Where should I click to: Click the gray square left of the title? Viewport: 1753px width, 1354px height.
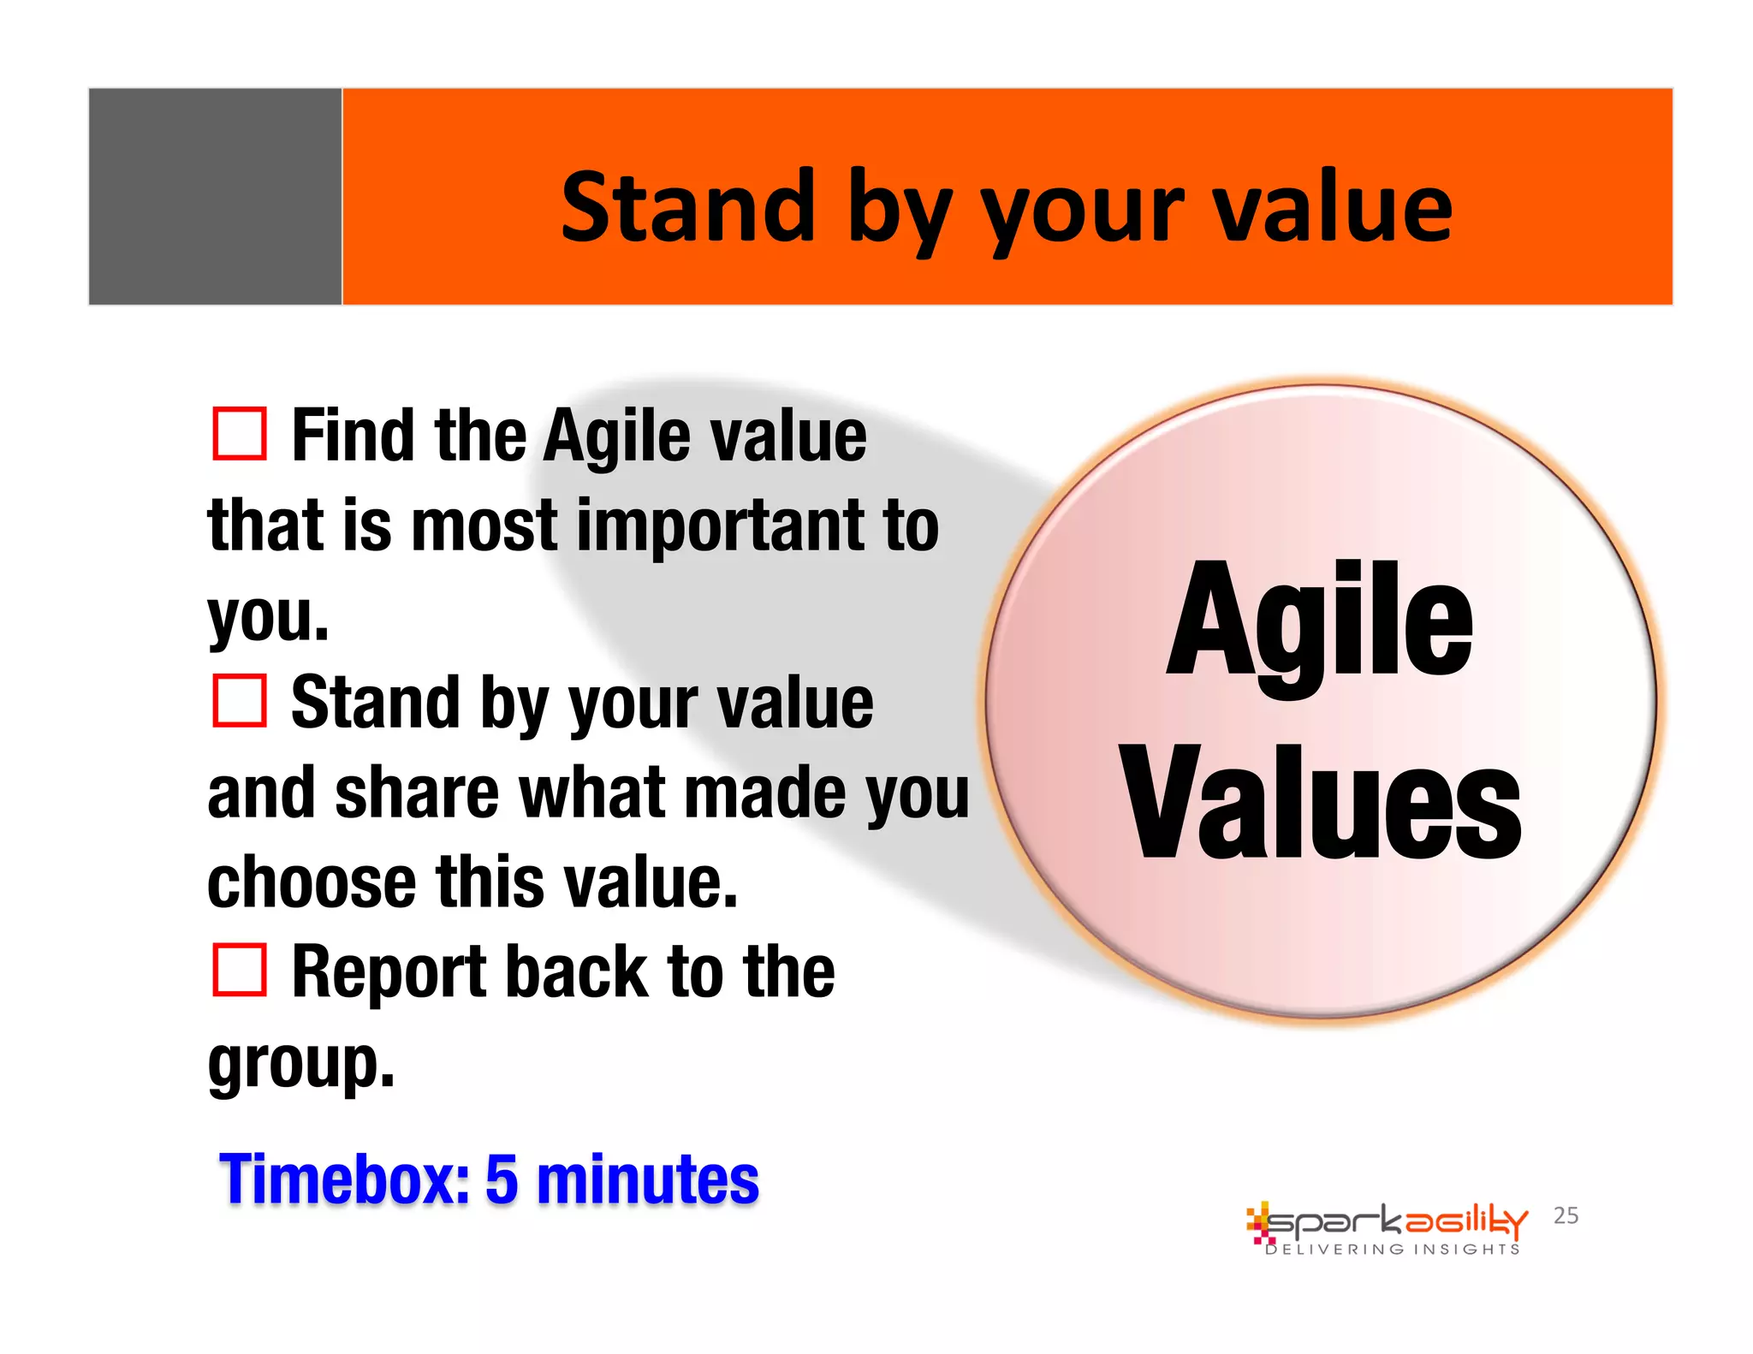pos(215,196)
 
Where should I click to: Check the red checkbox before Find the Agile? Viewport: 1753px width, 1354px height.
pos(239,434)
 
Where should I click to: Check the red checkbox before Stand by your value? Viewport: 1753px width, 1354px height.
pos(239,701)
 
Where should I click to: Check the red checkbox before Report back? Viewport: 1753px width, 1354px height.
pos(239,970)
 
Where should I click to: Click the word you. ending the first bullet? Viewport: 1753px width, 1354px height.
pos(268,616)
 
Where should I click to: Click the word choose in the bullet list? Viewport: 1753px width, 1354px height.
pos(312,882)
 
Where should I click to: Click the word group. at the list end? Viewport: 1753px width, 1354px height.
pos(300,1064)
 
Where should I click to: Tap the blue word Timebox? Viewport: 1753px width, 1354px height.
pos(344,1179)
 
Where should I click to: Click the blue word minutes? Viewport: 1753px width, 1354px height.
pos(647,1179)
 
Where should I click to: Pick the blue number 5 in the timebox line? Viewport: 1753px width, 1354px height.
pos(502,1179)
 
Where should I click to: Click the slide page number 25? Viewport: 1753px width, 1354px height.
pos(1566,1215)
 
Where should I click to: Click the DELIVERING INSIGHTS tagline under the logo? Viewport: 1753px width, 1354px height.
pos(1393,1250)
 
